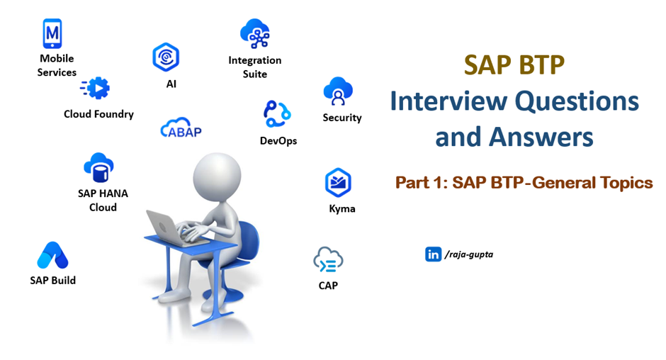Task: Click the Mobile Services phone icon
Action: pos(52,33)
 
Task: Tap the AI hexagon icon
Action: pos(166,57)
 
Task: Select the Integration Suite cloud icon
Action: pos(255,33)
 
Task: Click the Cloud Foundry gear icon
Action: pos(95,88)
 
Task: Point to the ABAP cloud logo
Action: pos(181,128)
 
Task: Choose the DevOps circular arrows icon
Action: pos(277,114)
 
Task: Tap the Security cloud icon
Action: pos(338,91)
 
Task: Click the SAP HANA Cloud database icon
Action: pos(99,167)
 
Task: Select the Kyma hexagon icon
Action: pos(338,183)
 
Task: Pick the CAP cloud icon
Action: pos(328,260)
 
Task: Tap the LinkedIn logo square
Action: pos(433,254)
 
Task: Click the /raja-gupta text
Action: pos(469,254)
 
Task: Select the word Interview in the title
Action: pos(448,101)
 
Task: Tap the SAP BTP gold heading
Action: pos(514,65)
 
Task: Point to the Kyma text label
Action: pos(342,209)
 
